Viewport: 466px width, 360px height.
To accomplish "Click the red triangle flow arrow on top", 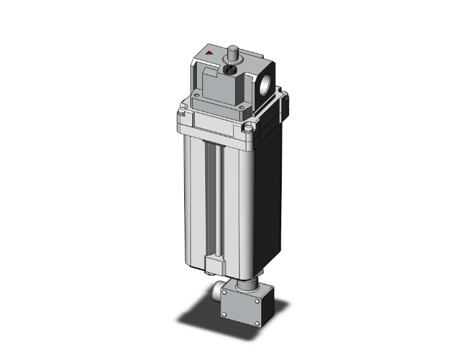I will pos(209,54).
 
